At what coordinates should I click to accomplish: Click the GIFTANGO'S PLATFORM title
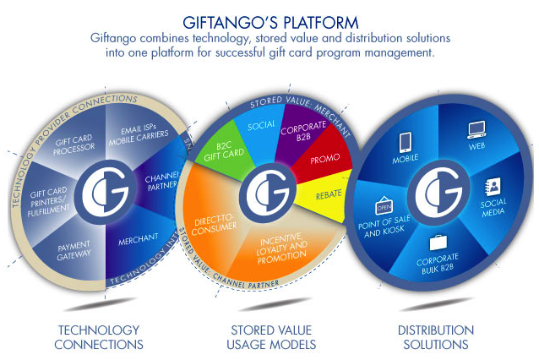pyautogui.click(x=270, y=23)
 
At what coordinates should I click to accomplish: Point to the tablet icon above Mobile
pyautogui.click(x=406, y=142)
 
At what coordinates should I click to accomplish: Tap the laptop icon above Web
pyautogui.click(x=476, y=129)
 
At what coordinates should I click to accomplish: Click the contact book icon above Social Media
pyautogui.click(x=493, y=187)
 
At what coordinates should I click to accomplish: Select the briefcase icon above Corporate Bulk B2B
pyautogui.click(x=438, y=243)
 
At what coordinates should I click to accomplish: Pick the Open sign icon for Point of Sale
pyautogui.click(x=384, y=205)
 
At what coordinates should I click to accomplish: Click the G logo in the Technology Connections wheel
pyautogui.click(x=106, y=192)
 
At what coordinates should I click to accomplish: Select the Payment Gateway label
pyautogui.click(x=73, y=251)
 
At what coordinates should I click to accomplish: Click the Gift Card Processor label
pyautogui.click(x=73, y=145)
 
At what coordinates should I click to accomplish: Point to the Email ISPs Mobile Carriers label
pyautogui.click(x=139, y=134)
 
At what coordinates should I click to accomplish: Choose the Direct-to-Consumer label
pyautogui.click(x=214, y=224)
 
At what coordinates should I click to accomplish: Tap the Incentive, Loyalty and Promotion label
pyautogui.click(x=281, y=248)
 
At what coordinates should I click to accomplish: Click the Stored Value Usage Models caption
pyautogui.click(x=271, y=337)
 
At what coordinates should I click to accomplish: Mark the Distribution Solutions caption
pyautogui.click(x=436, y=337)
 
